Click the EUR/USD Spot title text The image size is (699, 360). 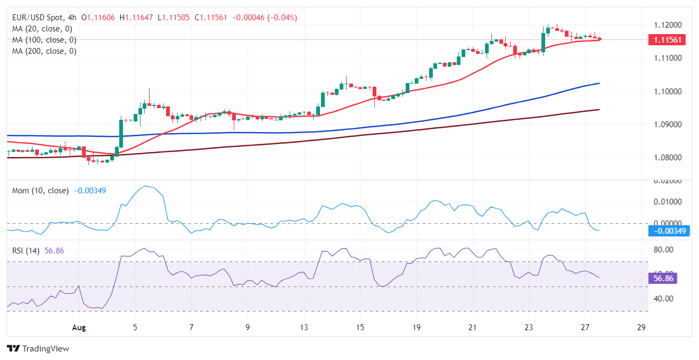tap(40, 18)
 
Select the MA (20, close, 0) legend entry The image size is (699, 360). tap(42, 29)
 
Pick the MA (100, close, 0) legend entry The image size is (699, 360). tap(44, 40)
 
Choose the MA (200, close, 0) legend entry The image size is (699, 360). tap(44, 51)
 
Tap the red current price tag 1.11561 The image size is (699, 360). tap(665, 40)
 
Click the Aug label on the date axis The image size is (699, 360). tap(78, 327)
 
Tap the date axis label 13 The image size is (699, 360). tap(304, 327)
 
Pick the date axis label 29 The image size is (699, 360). tap(642, 327)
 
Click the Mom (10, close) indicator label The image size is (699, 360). tap(40, 191)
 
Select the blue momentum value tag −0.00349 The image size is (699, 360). tap(668, 231)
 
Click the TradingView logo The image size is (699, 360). tap(38, 349)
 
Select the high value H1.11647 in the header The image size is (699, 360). tap(139, 18)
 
